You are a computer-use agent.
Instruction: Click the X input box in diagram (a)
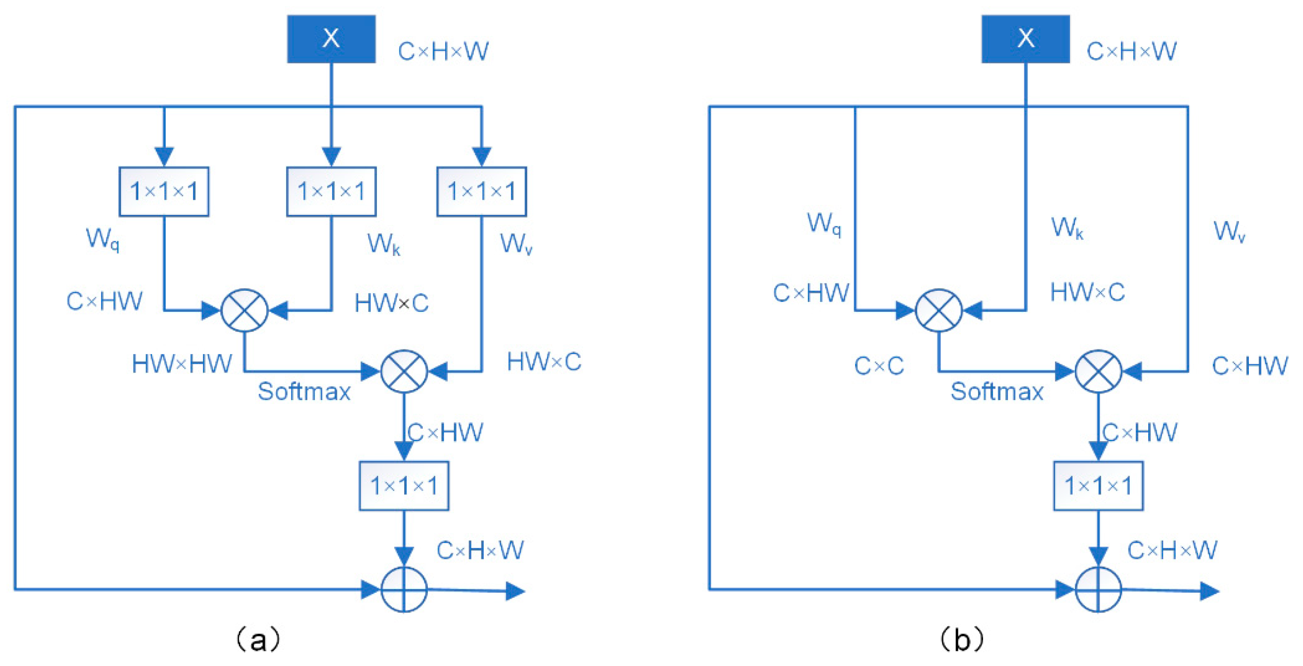(331, 39)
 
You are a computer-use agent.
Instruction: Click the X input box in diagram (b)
(1025, 39)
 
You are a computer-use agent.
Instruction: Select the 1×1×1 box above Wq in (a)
(164, 192)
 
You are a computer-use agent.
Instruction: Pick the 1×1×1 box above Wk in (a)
(331, 192)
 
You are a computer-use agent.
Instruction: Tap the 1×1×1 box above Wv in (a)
(482, 192)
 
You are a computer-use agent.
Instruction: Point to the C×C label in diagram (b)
(879, 366)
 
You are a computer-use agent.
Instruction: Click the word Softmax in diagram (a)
(304, 391)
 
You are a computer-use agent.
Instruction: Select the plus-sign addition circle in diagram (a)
(404, 590)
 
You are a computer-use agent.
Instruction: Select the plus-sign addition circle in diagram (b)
(1098, 590)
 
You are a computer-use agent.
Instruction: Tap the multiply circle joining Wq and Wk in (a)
(244, 310)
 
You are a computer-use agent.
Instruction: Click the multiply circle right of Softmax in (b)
(1098, 371)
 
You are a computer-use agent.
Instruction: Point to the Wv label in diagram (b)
(1229, 232)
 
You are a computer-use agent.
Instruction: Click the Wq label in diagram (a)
(103, 239)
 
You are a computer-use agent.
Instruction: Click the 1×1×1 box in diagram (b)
(1098, 486)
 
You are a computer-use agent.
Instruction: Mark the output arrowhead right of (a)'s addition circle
(516, 591)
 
